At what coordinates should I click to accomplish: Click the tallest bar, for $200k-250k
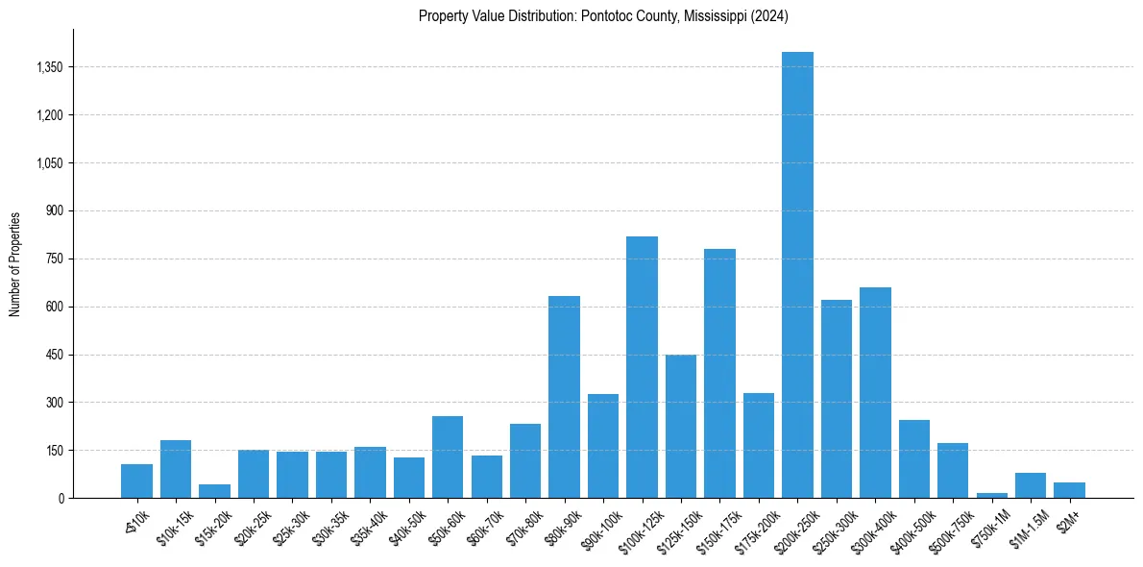point(797,275)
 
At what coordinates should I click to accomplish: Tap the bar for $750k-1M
point(991,495)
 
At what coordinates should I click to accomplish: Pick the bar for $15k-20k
point(214,491)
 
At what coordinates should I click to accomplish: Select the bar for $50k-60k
point(448,456)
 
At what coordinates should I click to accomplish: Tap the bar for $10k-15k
point(176,469)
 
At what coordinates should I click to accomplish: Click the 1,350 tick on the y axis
point(47,67)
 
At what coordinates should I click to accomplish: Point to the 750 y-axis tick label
point(54,259)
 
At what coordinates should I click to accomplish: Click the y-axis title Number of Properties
point(15,263)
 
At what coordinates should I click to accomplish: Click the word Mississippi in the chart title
point(713,15)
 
